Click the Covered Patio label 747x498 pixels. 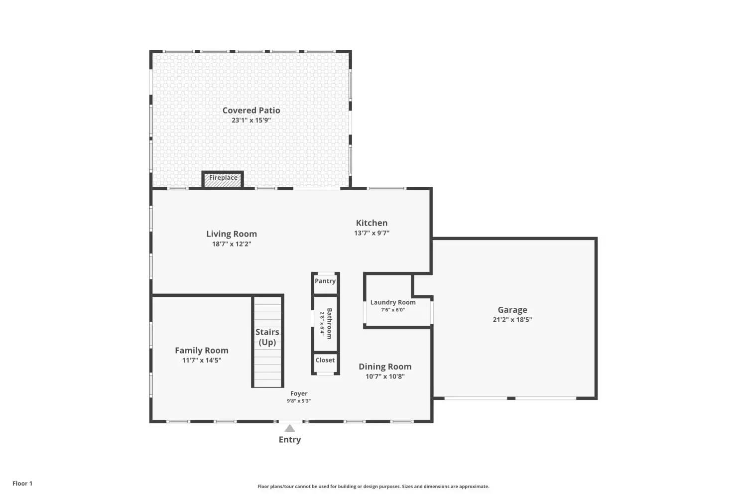[251, 111]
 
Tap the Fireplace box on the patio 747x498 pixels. [223, 179]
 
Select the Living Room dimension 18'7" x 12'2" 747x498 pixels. [232, 244]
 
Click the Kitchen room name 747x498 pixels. [372, 223]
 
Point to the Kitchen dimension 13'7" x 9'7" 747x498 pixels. [372, 233]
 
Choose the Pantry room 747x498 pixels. [325, 281]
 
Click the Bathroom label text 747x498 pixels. [329, 324]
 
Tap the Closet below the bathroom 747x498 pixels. [325, 361]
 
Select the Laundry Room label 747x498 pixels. [393, 302]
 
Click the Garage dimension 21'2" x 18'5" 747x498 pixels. [512, 320]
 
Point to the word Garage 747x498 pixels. [512, 310]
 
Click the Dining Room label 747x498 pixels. [385, 367]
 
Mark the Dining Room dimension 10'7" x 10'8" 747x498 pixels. [385, 376]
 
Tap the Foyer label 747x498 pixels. [299, 393]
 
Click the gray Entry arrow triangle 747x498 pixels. [289, 428]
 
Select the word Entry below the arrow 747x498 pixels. [289, 440]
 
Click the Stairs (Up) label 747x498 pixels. [267, 337]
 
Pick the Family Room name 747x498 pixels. [202, 351]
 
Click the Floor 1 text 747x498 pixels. [22, 484]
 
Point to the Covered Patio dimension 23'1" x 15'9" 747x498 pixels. [251, 121]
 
